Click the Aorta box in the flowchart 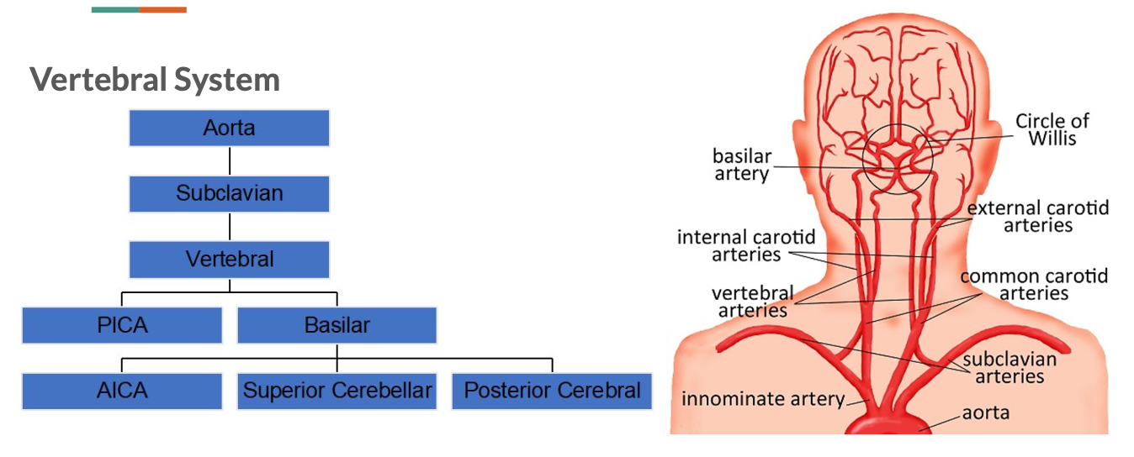[x=229, y=129]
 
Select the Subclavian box [x=229, y=193]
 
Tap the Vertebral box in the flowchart [x=229, y=259]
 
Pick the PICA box [x=122, y=325]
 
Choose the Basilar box [x=336, y=325]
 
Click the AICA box [x=122, y=391]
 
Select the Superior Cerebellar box [x=336, y=391]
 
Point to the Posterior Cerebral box [x=552, y=391]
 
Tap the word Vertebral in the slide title [x=99, y=80]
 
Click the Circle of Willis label [x=1052, y=129]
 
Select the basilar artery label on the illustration [x=741, y=165]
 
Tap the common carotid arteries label [x=1034, y=284]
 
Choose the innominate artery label [x=762, y=398]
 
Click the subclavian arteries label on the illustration [x=1009, y=368]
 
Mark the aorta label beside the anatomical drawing [x=986, y=412]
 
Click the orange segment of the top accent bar [x=163, y=9]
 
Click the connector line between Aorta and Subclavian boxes [x=229, y=160]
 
